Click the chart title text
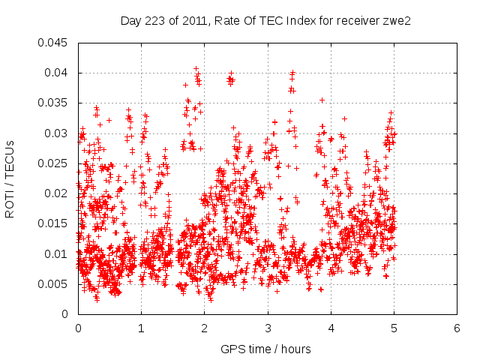point(266,21)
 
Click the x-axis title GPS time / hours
point(265,349)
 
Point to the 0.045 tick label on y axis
point(54,43)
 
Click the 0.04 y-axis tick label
point(57,73)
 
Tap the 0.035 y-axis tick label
point(54,103)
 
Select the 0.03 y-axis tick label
point(57,133)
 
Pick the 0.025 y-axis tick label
point(54,163)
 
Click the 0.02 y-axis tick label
point(57,193)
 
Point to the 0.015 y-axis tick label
point(54,223)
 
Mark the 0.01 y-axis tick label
point(57,254)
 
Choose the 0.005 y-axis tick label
point(54,284)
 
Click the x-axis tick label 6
point(457,328)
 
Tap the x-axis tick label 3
point(268,328)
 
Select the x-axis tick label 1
point(141,328)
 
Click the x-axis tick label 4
point(331,328)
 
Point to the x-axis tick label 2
point(204,328)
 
